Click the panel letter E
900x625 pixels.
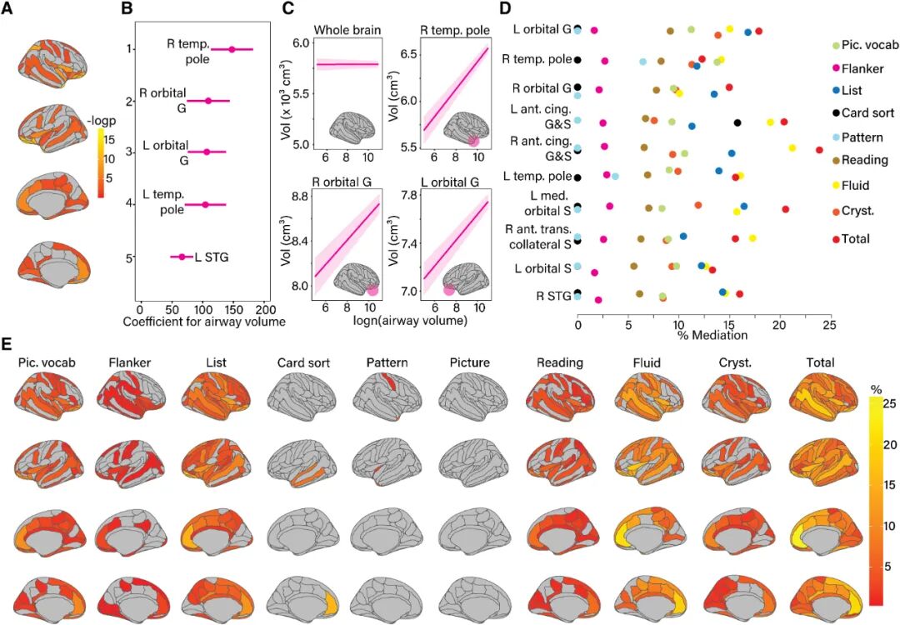click(7, 343)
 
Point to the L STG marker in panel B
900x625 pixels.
click(182, 257)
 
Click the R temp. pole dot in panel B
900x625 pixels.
click(232, 49)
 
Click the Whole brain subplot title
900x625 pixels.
click(347, 31)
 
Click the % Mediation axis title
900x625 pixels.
click(712, 335)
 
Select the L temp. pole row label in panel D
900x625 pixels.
click(537, 176)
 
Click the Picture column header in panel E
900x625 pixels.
click(468, 363)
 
